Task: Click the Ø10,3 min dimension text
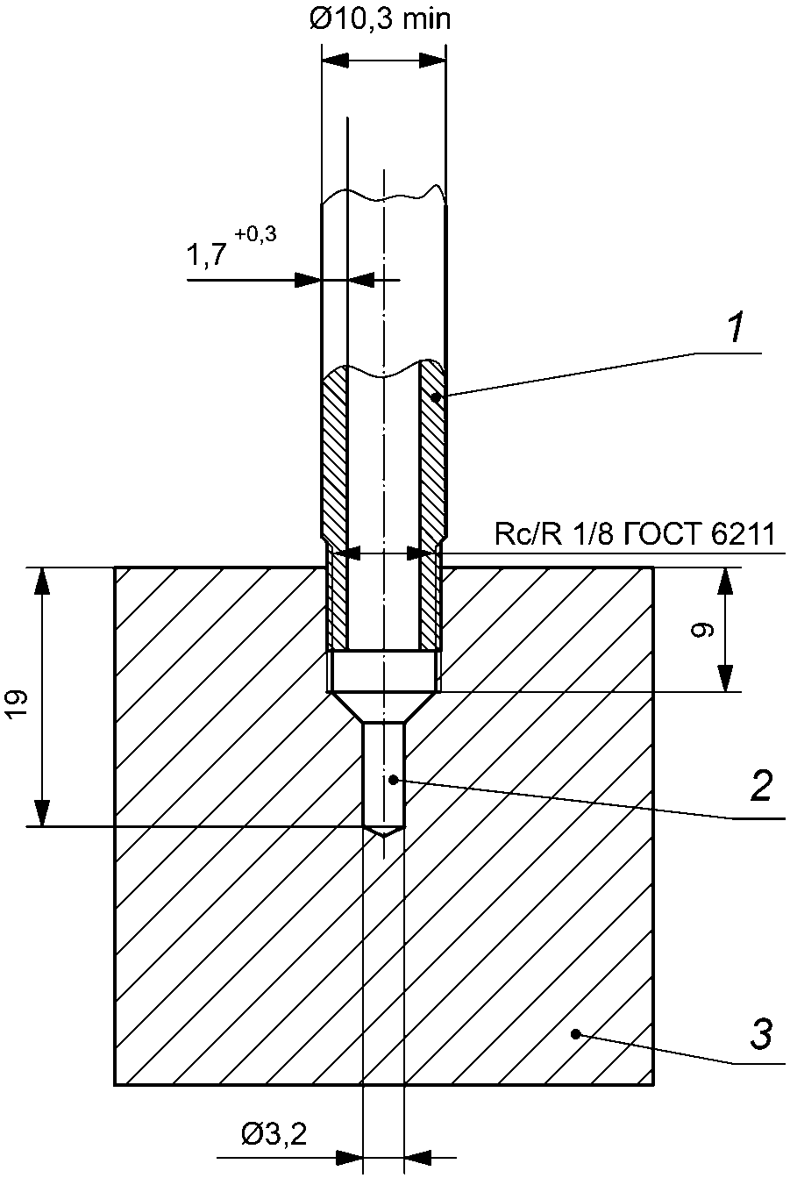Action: click(x=380, y=20)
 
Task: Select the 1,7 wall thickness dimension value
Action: click(x=207, y=254)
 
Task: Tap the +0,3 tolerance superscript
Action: click(x=255, y=234)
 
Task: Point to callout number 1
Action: click(x=737, y=326)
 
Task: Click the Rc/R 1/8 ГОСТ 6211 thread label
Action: click(x=635, y=535)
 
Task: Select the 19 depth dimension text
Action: click(x=18, y=704)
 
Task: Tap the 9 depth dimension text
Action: click(x=701, y=630)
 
